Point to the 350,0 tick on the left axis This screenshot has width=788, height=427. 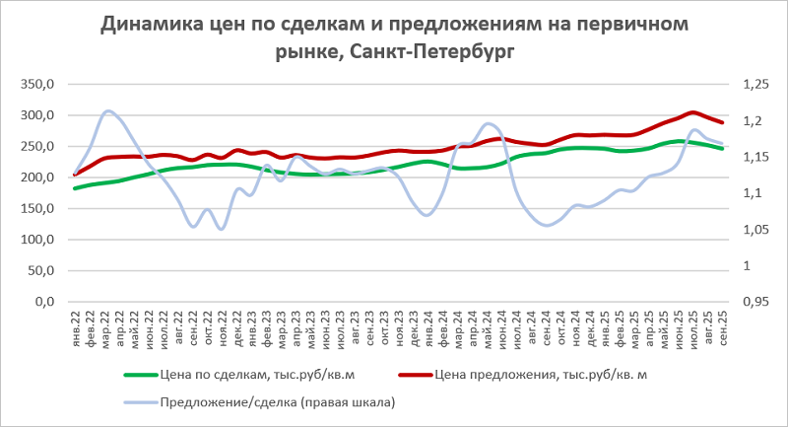[x=37, y=85]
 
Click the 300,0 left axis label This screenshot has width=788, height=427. [x=37, y=115]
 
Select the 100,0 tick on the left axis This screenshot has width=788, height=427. [x=37, y=240]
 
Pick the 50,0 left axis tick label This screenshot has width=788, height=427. [x=40, y=271]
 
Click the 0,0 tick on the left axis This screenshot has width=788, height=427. [x=44, y=302]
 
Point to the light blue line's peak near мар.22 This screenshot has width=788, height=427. [x=108, y=111]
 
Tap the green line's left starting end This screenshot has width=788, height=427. [x=76, y=187]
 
